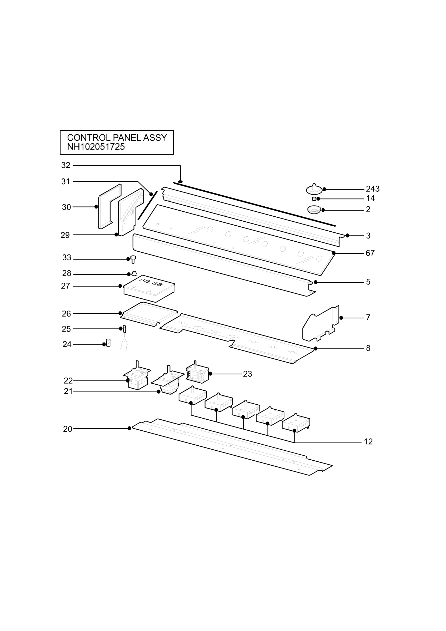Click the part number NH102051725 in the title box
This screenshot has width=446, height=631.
(x=96, y=147)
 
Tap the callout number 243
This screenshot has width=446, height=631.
(x=373, y=189)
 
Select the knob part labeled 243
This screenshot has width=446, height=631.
(x=314, y=189)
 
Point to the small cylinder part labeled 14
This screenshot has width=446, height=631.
(x=314, y=199)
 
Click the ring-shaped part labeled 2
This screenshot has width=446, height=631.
(x=314, y=210)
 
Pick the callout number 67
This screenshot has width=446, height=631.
(x=370, y=253)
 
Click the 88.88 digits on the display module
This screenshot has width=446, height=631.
(x=151, y=282)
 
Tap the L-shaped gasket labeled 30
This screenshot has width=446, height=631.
(x=109, y=206)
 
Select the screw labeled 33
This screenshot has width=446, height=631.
(x=133, y=259)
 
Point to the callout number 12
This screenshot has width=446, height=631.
(x=368, y=442)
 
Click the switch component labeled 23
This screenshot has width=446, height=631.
(x=197, y=373)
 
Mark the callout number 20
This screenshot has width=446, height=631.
(x=68, y=429)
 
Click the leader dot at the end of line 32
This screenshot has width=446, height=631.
(x=181, y=182)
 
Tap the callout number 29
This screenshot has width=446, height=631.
(x=65, y=235)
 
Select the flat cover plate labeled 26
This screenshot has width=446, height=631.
(x=149, y=314)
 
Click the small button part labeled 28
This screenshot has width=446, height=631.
(x=134, y=273)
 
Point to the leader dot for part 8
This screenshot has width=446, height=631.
(x=316, y=348)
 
